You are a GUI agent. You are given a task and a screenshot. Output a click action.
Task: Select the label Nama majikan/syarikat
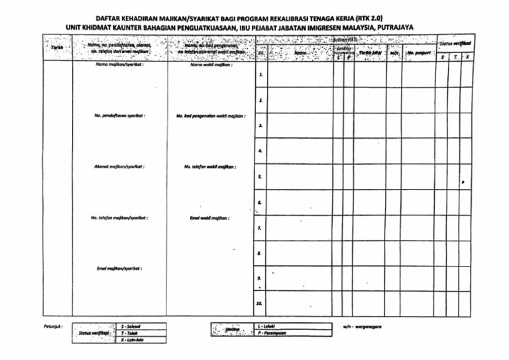coord(120,65)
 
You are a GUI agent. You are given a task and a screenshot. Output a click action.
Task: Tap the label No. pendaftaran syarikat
coord(120,115)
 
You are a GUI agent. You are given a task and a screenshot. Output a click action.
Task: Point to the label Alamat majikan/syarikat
coord(120,166)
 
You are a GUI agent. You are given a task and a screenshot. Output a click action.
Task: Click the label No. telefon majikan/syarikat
coord(120,217)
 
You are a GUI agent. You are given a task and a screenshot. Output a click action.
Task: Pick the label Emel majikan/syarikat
coord(120,269)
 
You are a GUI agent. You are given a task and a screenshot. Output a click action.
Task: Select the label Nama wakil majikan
coord(211,65)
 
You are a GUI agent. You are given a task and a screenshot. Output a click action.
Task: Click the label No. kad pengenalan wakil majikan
coord(211,115)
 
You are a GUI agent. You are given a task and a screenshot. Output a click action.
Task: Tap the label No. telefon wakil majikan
coord(211,166)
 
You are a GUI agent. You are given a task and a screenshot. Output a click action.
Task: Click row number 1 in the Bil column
coord(261,74)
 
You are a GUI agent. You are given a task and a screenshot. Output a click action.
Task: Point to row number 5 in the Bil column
coord(261,177)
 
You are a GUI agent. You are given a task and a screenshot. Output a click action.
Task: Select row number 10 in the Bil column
coord(260,304)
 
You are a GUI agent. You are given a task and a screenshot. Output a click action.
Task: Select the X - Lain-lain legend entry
coord(133,340)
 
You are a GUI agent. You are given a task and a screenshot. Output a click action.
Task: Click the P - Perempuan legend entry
coord(270,333)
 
